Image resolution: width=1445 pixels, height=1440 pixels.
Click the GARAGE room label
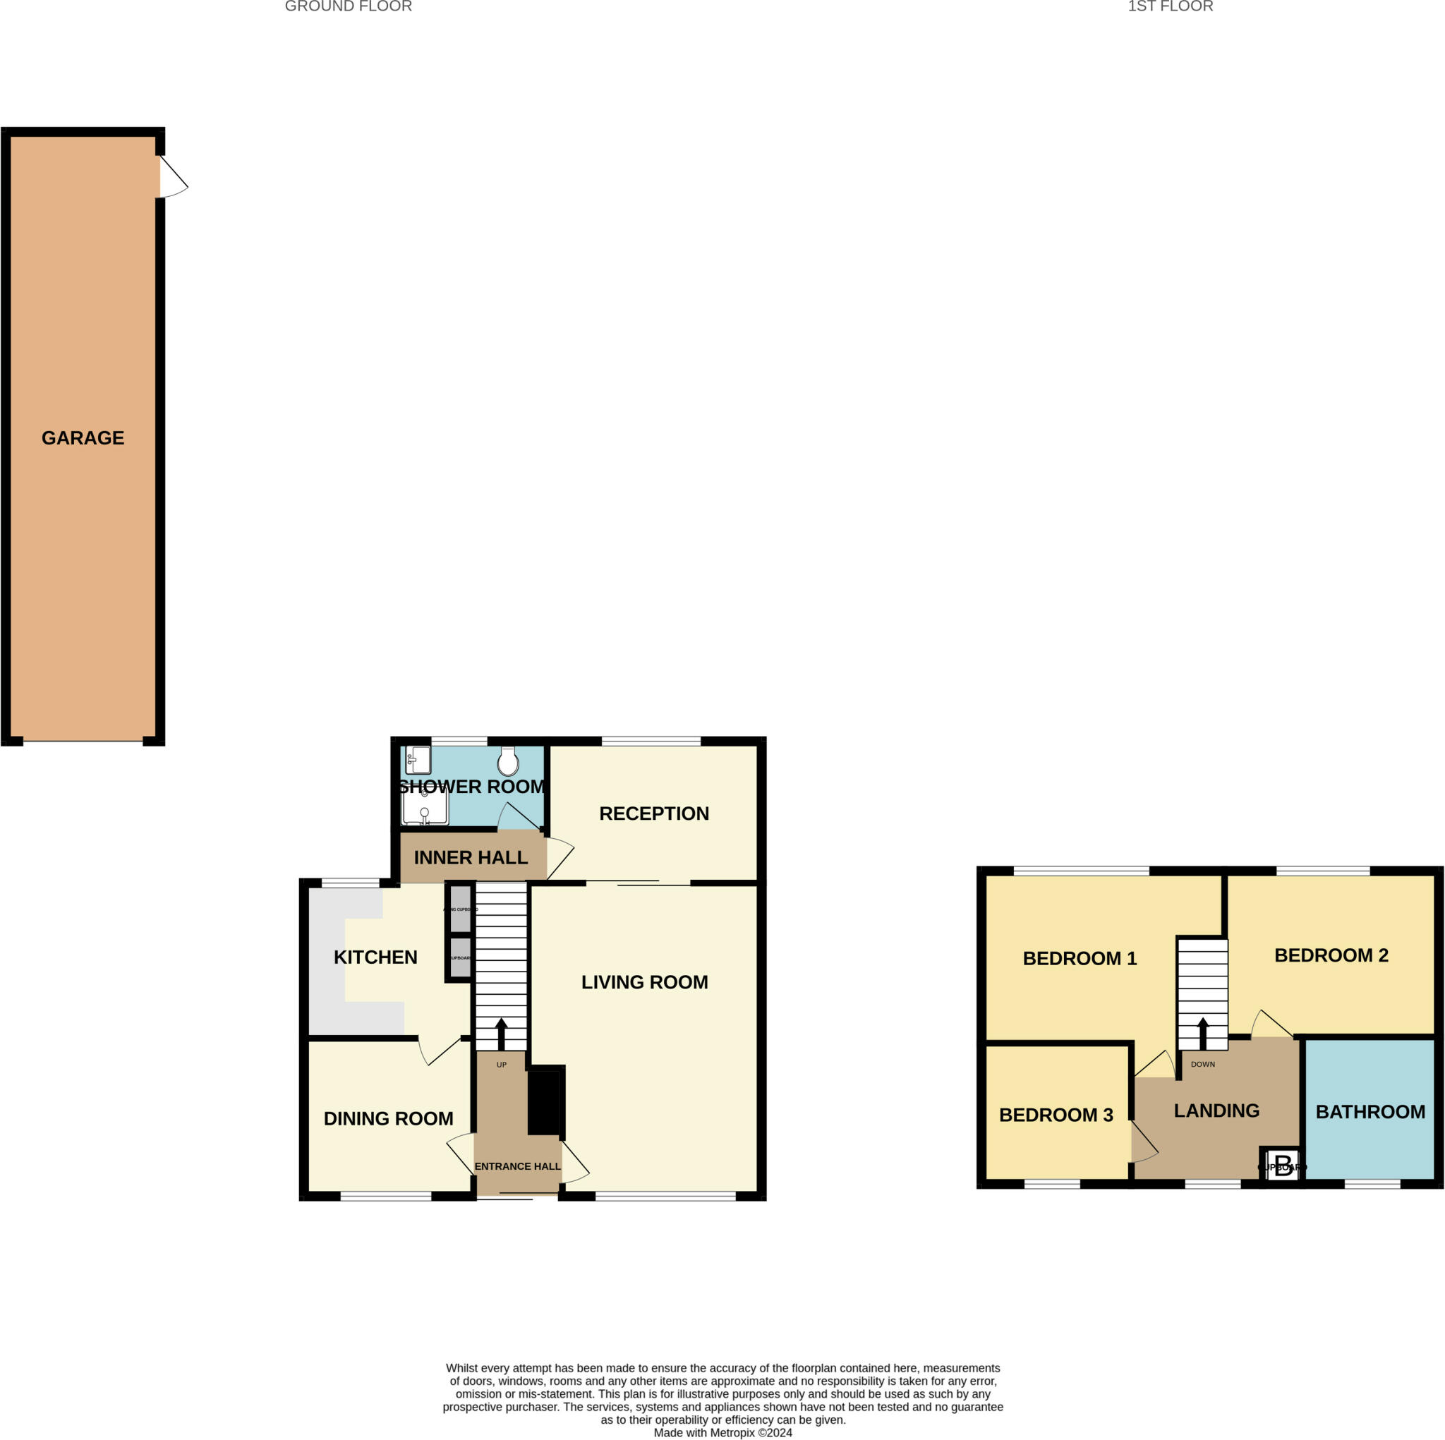tap(83, 437)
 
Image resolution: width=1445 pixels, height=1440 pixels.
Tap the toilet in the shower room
tap(509, 761)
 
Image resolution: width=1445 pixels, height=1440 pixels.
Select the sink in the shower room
tap(418, 760)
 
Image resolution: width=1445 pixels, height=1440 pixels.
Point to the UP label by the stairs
tap(501, 1065)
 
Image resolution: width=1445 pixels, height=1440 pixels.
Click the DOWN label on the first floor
tap(1203, 1064)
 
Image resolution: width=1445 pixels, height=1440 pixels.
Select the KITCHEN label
tap(375, 957)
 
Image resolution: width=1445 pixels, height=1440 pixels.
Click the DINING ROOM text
tap(388, 1118)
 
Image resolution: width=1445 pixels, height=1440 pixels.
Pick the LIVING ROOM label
tap(644, 982)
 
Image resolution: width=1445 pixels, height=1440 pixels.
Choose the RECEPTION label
tap(653, 813)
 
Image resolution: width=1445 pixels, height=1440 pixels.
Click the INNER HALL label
tap(471, 857)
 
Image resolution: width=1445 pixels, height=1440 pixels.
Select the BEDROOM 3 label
tap(1056, 1115)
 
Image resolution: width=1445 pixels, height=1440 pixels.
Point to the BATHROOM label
tap(1370, 1112)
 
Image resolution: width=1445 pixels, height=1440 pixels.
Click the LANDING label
tap(1216, 1110)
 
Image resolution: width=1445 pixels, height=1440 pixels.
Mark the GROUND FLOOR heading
tap(348, 7)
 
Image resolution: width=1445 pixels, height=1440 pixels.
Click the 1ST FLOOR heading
tap(1170, 7)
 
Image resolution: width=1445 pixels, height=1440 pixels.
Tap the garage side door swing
tap(173, 177)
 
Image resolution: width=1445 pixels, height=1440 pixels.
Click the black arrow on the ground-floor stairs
tap(501, 1034)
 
